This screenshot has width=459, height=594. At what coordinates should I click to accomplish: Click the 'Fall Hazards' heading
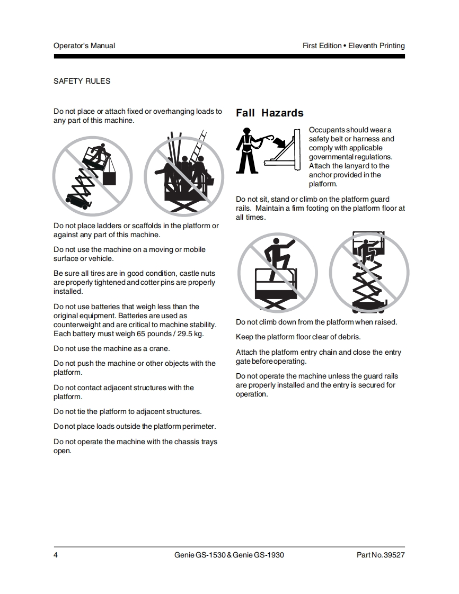click(269, 113)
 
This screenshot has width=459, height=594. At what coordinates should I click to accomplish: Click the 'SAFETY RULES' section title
click(82, 81)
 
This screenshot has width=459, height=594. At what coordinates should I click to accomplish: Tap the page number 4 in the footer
click(56, 555)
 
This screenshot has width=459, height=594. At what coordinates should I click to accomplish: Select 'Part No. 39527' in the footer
click(381, 555)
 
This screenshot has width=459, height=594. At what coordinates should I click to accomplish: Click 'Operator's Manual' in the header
click(84, 46)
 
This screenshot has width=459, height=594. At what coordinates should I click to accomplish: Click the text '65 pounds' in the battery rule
click(154, 334)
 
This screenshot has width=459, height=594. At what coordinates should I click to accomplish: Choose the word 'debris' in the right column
click(349, 337)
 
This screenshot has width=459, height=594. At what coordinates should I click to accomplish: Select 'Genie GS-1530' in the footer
click(200, 555)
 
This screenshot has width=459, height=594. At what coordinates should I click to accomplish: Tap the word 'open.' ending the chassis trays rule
click(63, 451)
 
